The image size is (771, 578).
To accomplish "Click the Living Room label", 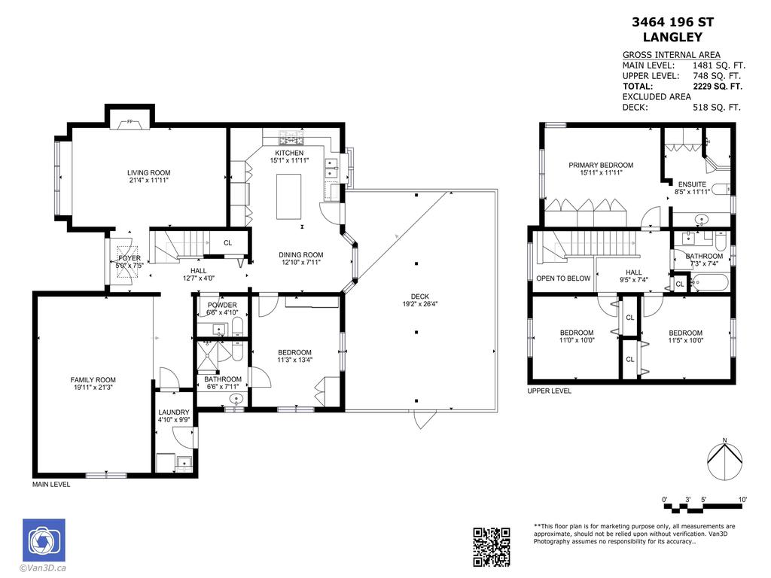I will (148, 172).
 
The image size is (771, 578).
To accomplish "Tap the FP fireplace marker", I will (130, 121).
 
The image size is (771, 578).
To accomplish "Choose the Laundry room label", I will (173, 412).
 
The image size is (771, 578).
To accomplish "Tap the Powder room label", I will (222, 305).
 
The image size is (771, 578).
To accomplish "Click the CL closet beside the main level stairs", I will (227, 242).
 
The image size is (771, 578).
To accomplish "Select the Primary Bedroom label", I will (601, 165).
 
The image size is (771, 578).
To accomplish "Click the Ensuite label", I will (692, 184).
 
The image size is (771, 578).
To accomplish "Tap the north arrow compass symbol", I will (724, 460).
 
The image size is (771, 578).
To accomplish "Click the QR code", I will (492, 546).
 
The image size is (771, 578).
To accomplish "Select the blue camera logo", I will (44, 540).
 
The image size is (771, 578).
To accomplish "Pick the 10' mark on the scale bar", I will (742, 500).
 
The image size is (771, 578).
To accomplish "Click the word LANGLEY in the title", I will (672, 37).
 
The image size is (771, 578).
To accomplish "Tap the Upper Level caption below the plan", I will (550, 391).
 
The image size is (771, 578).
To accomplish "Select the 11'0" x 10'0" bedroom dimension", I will (577, 340).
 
